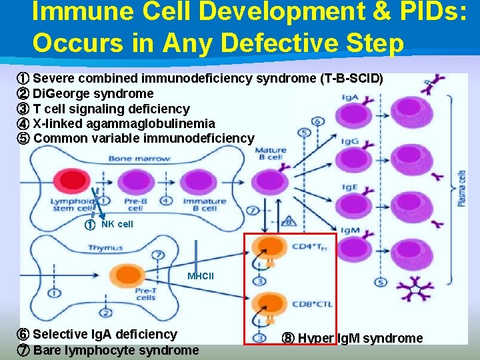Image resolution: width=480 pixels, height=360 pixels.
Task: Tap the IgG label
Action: pyautogui.click(x=351, y=142)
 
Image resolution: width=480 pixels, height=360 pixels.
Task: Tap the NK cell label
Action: pyautogui.click(x=117, y=224)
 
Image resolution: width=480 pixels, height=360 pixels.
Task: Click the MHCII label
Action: pyautogui.click(x=201, y=276)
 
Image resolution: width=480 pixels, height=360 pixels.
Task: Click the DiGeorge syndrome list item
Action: pyautogui.click(x=93, y=93)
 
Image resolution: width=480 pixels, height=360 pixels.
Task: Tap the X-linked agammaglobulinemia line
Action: pyautogui.click(x=123, y=123)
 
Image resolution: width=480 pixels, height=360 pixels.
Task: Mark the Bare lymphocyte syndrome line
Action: pyautogui.click(x=115, y=350)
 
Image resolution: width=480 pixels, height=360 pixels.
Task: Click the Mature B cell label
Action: pyautogui.click(x=271, y=153)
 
